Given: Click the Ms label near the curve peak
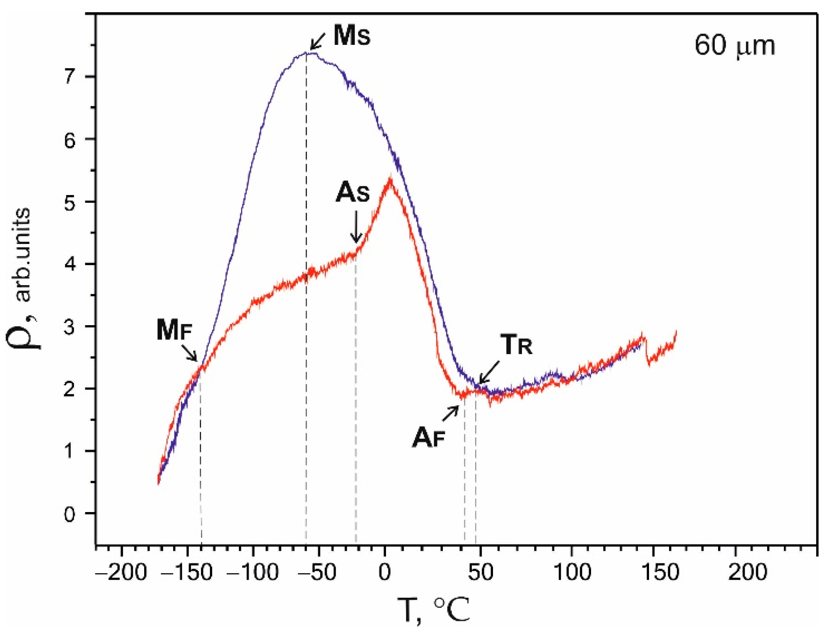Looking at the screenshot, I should click(x=352, y=35).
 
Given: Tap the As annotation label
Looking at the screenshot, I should click(x=353, y=192).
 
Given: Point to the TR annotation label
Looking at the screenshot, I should click(x=516, y=345).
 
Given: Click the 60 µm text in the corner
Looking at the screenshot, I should click(x=734, y=46).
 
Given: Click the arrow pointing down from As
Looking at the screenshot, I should click(x=356, y=227).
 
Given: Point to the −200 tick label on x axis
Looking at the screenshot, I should click(x=121, y=572).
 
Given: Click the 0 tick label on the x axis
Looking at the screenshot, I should click(x=384, y=572).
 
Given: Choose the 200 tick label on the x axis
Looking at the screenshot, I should click(x=747, y=572).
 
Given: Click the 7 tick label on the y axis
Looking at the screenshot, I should click(x=70, y=77).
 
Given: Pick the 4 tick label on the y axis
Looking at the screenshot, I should click(x=70, y=264).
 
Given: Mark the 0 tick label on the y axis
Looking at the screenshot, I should click(x=70, y=514).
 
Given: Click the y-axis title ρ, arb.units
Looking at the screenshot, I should click(x=22, y=277).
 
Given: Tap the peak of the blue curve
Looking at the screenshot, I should click(x=309, y=53).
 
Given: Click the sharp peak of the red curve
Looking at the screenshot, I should click(x=390, y=180).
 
